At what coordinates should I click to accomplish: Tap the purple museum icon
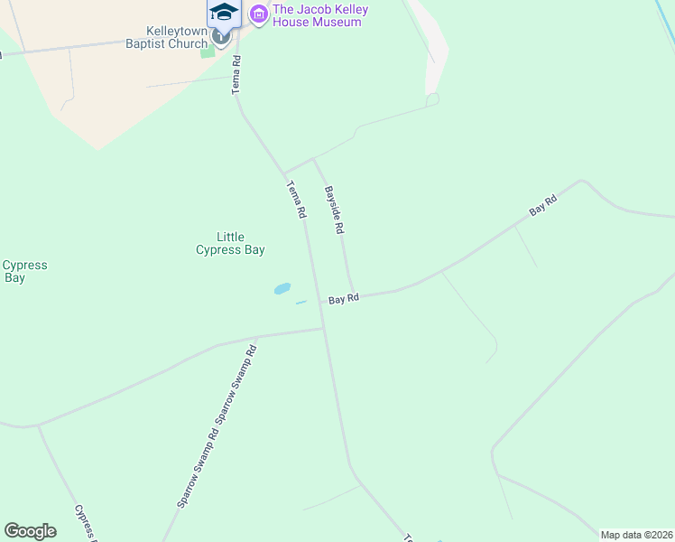(259, 14)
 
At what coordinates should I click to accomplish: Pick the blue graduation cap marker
(224, 13)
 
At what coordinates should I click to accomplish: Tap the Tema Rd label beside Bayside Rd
(296, 201)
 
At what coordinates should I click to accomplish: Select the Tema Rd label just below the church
(236, 73)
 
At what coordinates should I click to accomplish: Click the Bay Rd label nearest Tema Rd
(344, 298)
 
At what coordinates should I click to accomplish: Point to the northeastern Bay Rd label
(543, 206)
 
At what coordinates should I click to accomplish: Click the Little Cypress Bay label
(230, 243)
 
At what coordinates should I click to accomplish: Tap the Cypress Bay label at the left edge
(23, 271)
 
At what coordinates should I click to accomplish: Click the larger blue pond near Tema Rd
(282, 289)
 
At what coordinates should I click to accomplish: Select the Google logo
(31, 531)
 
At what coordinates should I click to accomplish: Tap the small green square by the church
(208, 51)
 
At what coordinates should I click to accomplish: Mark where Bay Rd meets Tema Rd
(321, 302)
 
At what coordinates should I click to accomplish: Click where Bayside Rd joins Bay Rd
(353, 295)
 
